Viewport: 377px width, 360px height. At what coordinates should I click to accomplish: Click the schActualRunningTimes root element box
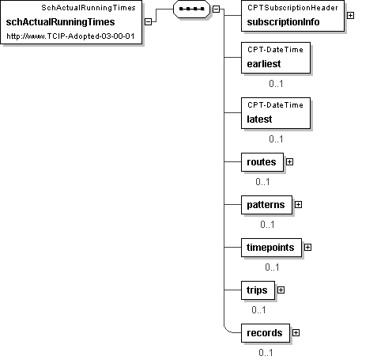(x=71, y=22)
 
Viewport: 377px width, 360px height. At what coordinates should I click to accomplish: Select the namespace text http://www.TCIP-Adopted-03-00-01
(x=70, y=36)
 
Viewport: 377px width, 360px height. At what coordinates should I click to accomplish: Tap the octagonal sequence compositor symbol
(x=191, y=9)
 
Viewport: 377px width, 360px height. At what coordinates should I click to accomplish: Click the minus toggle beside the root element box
(x=149, y=22)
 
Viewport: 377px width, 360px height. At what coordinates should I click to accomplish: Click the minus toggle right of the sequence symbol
(x=216, y=9)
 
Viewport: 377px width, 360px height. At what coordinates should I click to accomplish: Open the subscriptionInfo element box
(x=292, y=16)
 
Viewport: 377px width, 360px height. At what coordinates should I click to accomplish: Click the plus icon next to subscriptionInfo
(x=350, y=16)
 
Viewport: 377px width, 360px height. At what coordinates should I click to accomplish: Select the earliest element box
(x=276, y=58)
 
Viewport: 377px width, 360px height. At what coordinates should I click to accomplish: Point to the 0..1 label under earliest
(x=276, y=84)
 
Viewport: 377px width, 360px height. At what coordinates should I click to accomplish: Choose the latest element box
(x=276, y=113)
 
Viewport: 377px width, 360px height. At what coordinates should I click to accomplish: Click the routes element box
(x=262, y=162)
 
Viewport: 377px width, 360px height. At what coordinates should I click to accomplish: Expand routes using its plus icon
(x=289, y=162)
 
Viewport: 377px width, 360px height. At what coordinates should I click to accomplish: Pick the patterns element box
(x=266, y=205)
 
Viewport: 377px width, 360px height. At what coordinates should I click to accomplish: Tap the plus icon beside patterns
(x=298, y=205)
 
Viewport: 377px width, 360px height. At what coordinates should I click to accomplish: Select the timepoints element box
(x=271, y=248)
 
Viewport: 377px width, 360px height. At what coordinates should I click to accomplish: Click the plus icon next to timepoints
(x=307, y=248)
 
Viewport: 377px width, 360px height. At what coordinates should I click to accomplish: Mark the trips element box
(x=258, y=290)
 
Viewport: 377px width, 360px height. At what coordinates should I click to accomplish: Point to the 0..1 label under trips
(x=258, y=310)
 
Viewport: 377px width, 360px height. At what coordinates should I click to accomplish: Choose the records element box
(x=266, y=333)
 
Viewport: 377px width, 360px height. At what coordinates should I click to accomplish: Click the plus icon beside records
(x=296, y=333)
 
